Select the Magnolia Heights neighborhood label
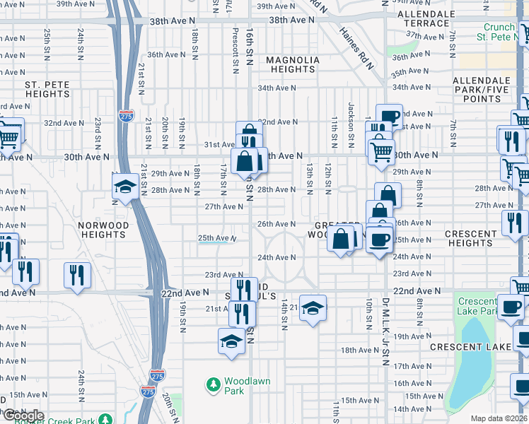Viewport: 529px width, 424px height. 292,64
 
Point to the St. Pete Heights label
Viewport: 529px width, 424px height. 47,89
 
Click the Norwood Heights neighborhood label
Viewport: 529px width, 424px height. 103,230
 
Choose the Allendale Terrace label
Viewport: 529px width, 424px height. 426,18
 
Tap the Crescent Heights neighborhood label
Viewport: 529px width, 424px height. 471,238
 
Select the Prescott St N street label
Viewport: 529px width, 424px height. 235,49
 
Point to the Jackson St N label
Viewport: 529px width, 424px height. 351,120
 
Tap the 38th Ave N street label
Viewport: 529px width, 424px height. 291,20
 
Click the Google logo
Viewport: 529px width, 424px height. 24,415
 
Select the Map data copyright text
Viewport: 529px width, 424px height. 499,418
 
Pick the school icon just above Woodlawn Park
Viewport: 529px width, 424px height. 231,341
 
